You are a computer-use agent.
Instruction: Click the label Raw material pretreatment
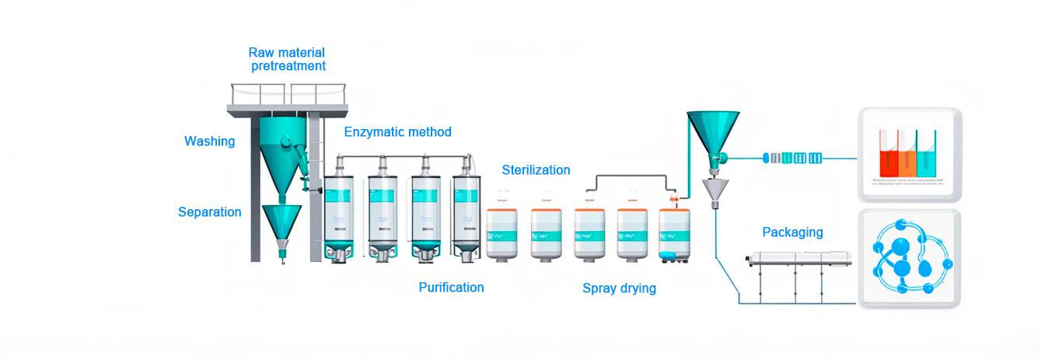tap(287, 59)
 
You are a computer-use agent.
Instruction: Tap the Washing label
tap(209, 142)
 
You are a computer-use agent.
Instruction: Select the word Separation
tap(209, 212)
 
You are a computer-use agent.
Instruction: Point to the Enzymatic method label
tap(397, 132)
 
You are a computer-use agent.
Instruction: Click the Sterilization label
tap(536, 170)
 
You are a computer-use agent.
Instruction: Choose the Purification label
tap(451, 288)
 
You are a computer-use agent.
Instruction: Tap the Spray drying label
tap(619, 288)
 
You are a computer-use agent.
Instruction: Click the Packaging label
tap(792, 232)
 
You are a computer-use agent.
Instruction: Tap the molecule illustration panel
tap(909, 259)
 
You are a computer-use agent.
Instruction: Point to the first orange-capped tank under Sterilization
tap(502, 232)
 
